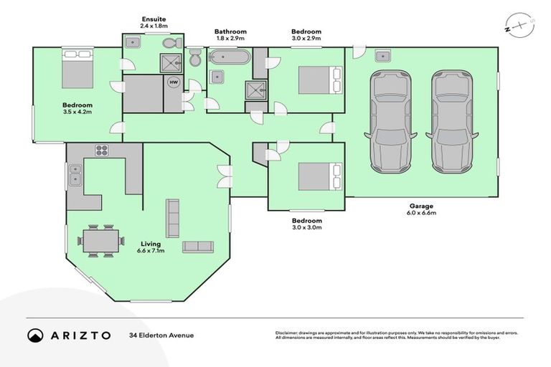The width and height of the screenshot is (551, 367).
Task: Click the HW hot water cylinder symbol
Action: tap(173, 82)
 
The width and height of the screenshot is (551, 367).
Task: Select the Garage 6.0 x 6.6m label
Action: tap(420, 209)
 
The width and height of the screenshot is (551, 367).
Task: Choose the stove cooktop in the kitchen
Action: tap(102, 151)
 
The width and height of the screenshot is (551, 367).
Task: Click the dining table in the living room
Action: tap(99, 240)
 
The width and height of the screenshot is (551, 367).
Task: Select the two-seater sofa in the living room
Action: tap(199, 247)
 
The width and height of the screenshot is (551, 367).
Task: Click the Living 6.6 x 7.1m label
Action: tap(151, 247)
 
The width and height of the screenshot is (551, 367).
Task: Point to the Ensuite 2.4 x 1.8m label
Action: tap(154, 22)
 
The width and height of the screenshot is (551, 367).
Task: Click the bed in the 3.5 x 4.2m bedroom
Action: tap(76, 72)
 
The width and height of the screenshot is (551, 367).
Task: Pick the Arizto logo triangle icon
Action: tap(35, 335)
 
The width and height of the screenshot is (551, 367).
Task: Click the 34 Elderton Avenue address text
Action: tap(161, 335)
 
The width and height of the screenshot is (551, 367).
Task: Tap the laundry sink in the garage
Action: tap(382, 56)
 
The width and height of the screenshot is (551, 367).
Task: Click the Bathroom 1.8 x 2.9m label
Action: tap(230, 35)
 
